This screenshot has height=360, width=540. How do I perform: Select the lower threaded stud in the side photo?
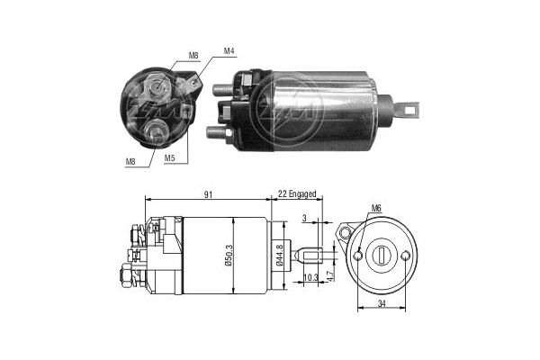216,132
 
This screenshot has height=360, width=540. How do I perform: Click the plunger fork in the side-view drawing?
310,256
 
